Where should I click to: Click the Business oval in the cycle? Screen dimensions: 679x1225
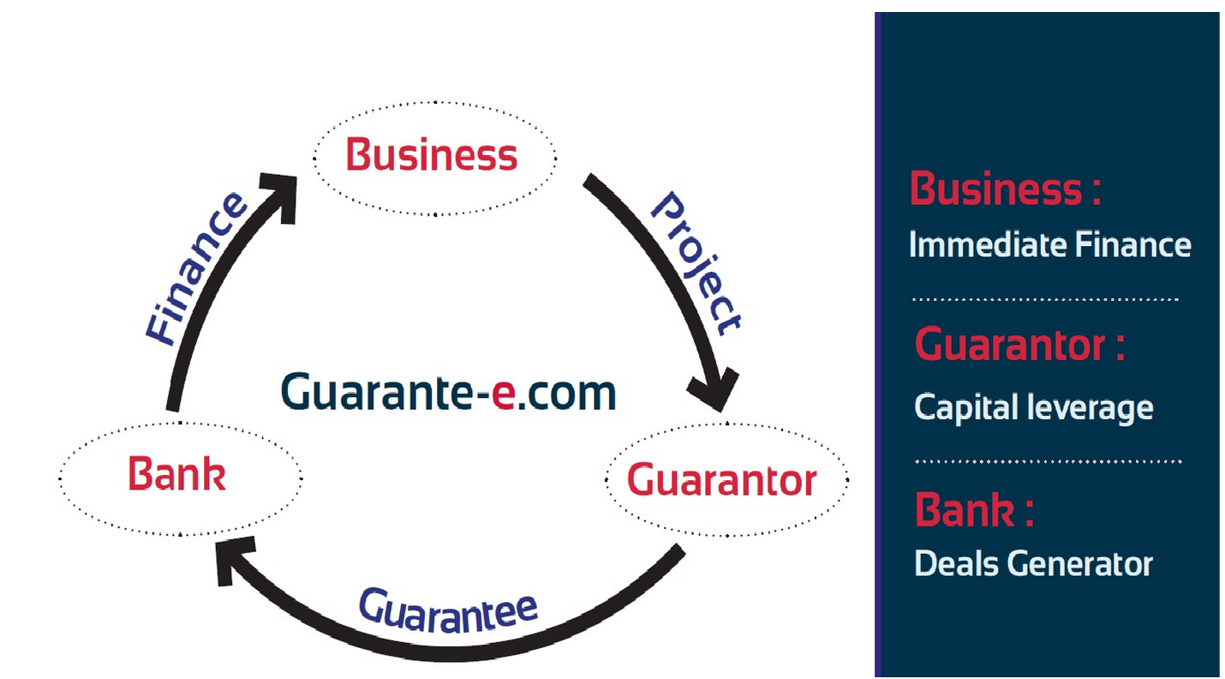click(433, 158)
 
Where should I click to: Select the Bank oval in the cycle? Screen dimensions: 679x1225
click(179, 477)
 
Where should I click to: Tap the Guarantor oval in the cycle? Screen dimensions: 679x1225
click(725, 480)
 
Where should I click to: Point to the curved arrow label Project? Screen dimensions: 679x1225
click(696, 262)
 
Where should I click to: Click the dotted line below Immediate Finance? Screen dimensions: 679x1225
click(1045, 299)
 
